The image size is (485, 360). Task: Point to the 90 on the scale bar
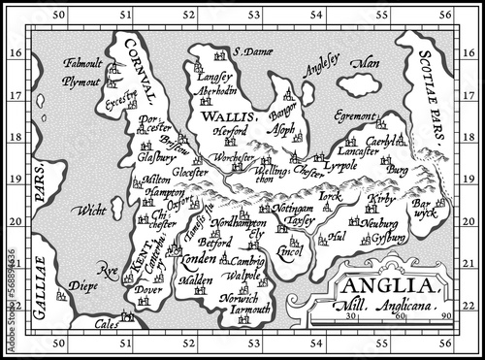point(446,316)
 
